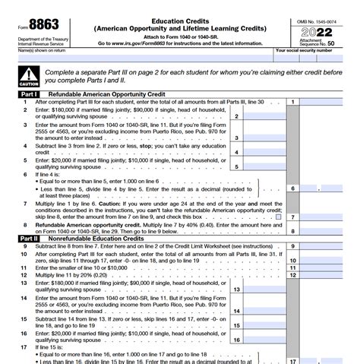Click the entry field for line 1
click(x=326, y=102)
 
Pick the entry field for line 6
click(x=326, y=188)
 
